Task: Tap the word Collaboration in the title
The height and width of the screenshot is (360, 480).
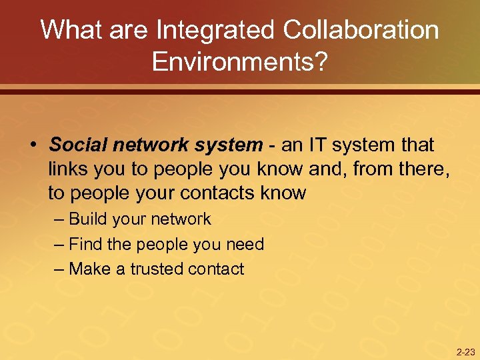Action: coord(361,31)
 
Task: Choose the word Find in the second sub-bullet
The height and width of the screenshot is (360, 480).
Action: coord(85,245)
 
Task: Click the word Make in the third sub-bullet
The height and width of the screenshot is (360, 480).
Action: coord(89,269)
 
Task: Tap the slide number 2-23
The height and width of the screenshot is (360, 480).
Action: coord(465,352)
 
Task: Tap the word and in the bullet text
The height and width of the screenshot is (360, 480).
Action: coord(325,169)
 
